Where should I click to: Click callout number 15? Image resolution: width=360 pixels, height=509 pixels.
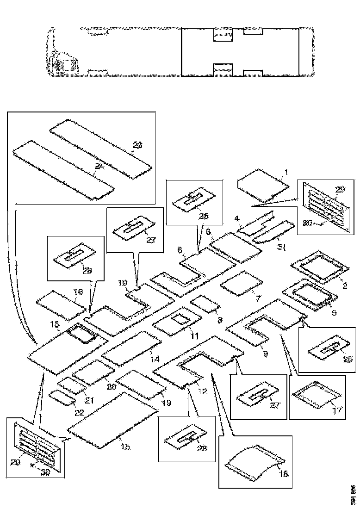coord(125,447)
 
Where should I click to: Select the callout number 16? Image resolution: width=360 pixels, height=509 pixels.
coord(78,292)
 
